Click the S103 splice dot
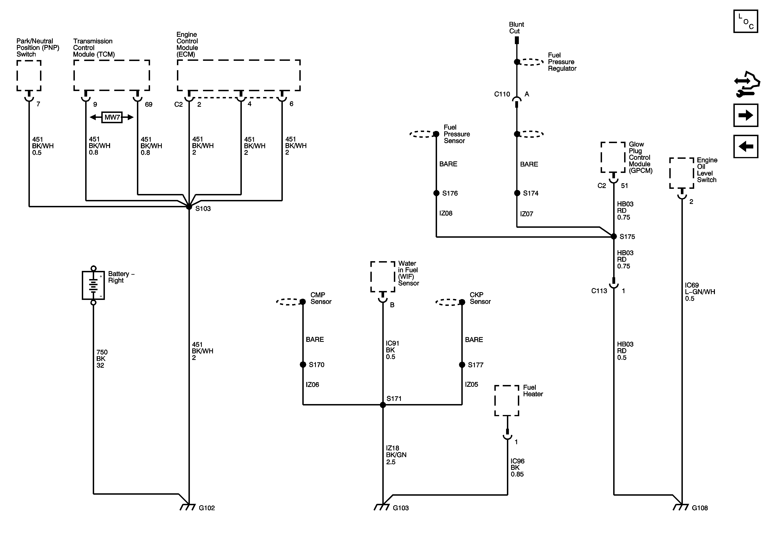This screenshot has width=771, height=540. pos(189,207)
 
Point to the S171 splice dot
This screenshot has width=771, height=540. pos(383,405)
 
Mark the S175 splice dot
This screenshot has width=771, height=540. pos(614,237)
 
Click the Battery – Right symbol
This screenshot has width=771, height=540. pos(93,285)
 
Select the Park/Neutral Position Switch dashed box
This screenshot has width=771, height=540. pos(29,76)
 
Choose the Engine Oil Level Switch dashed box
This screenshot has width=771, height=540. pos(682,173)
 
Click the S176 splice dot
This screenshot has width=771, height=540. pos(436,193)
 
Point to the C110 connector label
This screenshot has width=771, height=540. pos(502,94)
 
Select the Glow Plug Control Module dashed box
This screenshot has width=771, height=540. pos(613,157)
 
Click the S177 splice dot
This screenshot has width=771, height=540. pos(462,365)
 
